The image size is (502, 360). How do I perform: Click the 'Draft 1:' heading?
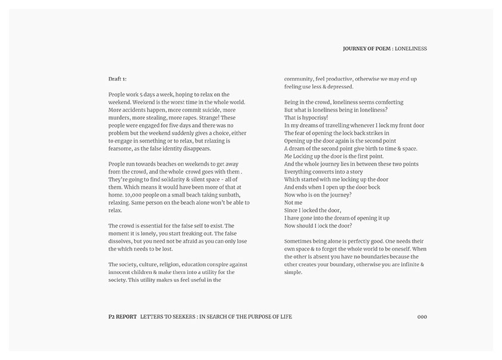pyautogui.click(x=117, y=79)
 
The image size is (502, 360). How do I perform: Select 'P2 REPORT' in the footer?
pyautogui.click(x=119, y=316)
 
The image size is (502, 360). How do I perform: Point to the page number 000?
pyautogui.click(x=422, y=316)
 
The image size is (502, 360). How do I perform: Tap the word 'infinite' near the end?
pyautogui.click(x=404, y=264)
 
